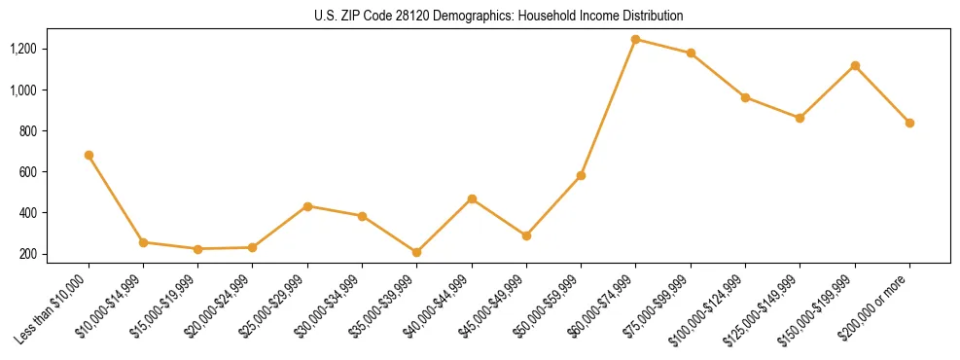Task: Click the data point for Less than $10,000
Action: click(x=89, y=155)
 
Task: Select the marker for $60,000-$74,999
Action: click(x=636, y=40)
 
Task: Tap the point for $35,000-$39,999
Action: click(x=417, y=252)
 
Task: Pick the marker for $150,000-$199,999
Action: click(x=855, y=65)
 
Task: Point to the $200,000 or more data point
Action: click(x=909, y=123)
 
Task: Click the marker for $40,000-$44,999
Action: click(x=472, y=198)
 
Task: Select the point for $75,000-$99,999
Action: click(x=691, y=53)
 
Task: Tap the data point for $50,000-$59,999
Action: click(x=581, y=175)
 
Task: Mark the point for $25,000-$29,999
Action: click(x=307, y=206)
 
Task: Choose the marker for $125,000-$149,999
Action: click(x=800, y=118)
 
